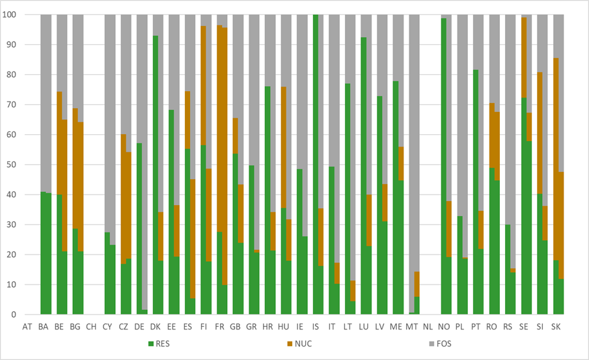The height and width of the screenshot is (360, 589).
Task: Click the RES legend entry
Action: tap(159, 344)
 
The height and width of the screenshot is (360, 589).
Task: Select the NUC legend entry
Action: tap(299, 344)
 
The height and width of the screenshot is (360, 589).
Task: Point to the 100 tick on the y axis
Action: tap(9, 15)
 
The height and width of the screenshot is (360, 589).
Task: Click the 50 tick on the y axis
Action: tap(11, 165)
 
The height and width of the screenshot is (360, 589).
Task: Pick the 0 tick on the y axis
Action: tap(14, 314)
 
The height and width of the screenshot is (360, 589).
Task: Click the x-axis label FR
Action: tap(219, 327)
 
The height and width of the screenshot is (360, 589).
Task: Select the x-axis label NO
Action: tap(444, 327)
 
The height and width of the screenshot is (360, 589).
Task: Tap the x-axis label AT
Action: tap(27, 327)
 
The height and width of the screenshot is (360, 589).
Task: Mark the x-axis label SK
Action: tap(556, 327)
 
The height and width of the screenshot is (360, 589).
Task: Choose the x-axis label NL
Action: tap(428, 327)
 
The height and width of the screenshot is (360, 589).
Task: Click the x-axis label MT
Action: tap(412, 327)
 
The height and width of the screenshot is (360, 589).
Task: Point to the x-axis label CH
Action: tap(91, 327)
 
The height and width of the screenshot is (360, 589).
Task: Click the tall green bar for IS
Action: tap(316, 165)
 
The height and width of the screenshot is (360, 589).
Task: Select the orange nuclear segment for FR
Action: tap(222, 150)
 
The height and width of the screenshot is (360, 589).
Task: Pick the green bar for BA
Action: tap(46, 253)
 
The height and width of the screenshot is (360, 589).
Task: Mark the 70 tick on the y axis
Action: tap(11, 104)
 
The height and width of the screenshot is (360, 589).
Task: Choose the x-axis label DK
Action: tap(155, 327)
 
